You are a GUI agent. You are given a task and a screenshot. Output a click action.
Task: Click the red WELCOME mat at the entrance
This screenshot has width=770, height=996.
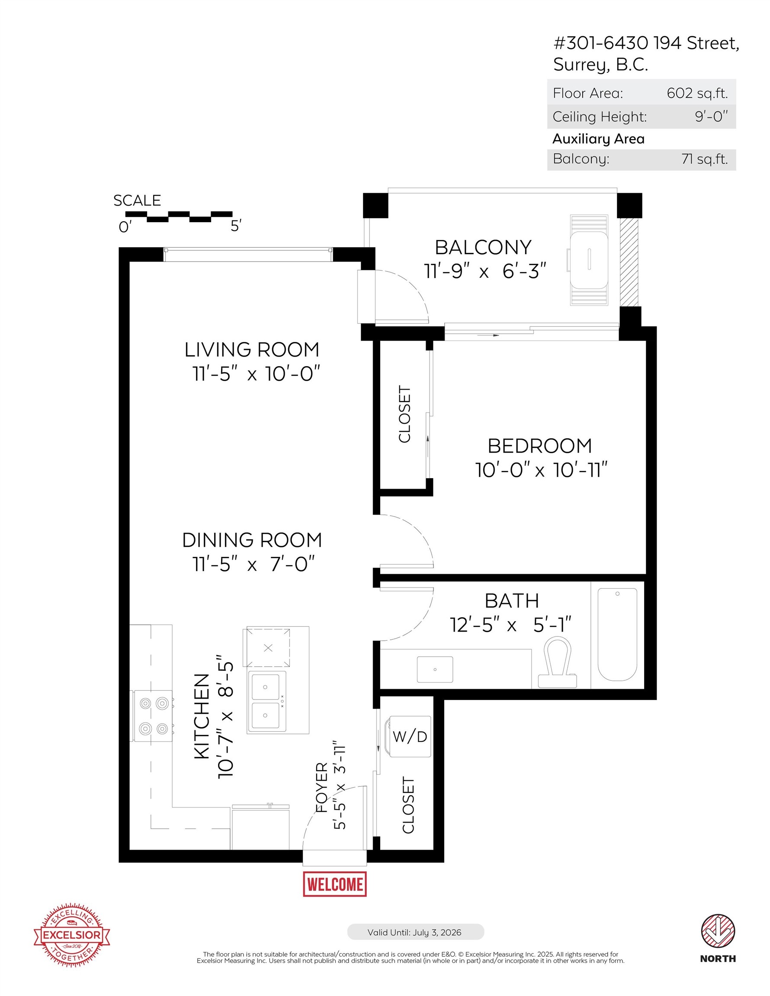click(334, 884)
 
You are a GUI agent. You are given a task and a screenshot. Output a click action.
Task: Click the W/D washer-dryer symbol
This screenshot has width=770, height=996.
click(409, 736)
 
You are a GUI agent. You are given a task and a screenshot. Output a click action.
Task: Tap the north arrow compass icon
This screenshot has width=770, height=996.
click(718, 931)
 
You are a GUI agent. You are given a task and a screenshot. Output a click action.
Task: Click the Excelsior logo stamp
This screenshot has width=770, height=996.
click(72, 935)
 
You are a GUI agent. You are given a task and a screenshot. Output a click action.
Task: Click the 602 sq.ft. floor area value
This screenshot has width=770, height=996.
click(697, 93)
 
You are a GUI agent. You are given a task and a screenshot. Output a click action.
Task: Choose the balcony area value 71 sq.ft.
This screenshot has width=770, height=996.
click(704, 159)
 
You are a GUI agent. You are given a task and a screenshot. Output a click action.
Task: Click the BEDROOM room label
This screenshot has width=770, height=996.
click(539, 446)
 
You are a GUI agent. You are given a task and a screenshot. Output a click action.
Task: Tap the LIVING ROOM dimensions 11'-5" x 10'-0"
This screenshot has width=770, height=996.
click(256, 374)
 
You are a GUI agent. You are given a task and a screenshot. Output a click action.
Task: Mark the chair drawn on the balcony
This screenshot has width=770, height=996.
click(589, 260)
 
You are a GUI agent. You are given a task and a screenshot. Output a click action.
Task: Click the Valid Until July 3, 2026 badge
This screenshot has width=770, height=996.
click(415, 932)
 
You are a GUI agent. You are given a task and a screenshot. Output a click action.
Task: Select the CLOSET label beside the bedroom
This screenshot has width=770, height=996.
click(404, 414)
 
